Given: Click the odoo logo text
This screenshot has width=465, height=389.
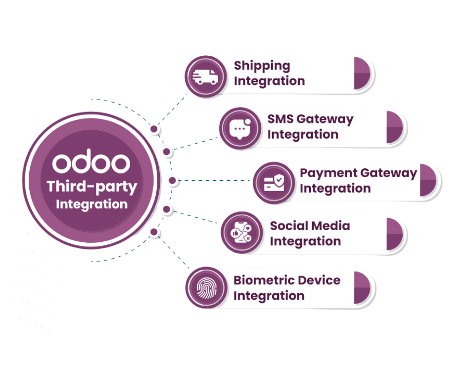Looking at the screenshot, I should (x=92, y=163).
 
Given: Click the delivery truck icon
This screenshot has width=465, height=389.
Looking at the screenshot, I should (x=205, y=77).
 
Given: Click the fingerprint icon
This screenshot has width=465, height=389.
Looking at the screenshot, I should (x=205, y=287).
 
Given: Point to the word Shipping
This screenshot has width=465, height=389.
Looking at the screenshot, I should (x=262, y=65).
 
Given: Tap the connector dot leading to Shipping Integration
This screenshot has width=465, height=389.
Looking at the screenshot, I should (x=154, y=129).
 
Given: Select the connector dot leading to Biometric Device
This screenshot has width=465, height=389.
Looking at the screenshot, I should (x=154, y=231).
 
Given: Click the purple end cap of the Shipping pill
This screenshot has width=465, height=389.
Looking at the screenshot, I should (x=363, y=73).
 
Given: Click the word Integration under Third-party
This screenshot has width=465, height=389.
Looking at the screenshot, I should (x=92, y=204).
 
